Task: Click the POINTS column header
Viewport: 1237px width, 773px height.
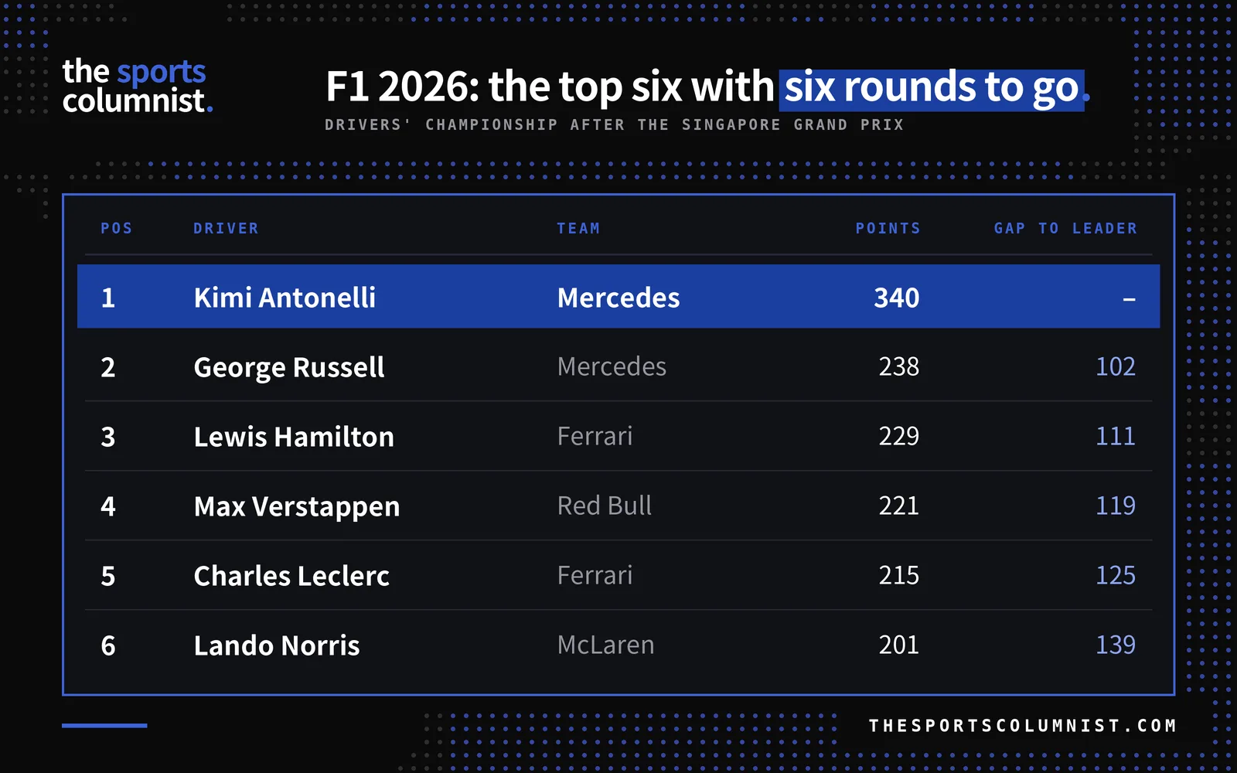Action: coord(888,228)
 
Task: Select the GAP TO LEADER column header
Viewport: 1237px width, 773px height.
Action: coord(1066,228)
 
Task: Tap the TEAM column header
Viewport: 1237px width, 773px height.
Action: coord(578,228)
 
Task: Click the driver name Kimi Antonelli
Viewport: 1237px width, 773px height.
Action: coord(285,297)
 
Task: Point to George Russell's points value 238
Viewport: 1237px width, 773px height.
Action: coord(899,366)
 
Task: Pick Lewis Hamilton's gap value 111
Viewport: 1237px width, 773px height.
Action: coord(1116,436)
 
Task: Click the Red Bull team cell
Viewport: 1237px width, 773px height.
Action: coord(604,506)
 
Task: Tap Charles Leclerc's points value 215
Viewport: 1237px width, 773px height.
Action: coord(899,575)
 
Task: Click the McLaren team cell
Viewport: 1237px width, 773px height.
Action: coord(606,645)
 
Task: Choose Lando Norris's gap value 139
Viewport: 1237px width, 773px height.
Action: coord(1116,645)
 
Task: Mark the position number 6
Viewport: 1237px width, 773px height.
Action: coord(108,645)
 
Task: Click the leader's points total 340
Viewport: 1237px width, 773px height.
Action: coord(897,298)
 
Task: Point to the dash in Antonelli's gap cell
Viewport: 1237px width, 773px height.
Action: coord(1130,299)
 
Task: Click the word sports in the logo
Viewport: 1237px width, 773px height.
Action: coord(162,73)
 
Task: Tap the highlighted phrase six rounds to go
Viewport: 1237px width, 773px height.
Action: coord(932,88)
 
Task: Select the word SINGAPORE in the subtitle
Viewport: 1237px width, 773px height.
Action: coord(731,124)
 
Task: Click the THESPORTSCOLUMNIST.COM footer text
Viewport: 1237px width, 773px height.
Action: coord(1023,725)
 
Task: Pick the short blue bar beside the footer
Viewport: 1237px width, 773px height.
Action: coord(104,726)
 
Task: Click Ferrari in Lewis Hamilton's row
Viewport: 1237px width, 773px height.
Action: coord(595,436)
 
